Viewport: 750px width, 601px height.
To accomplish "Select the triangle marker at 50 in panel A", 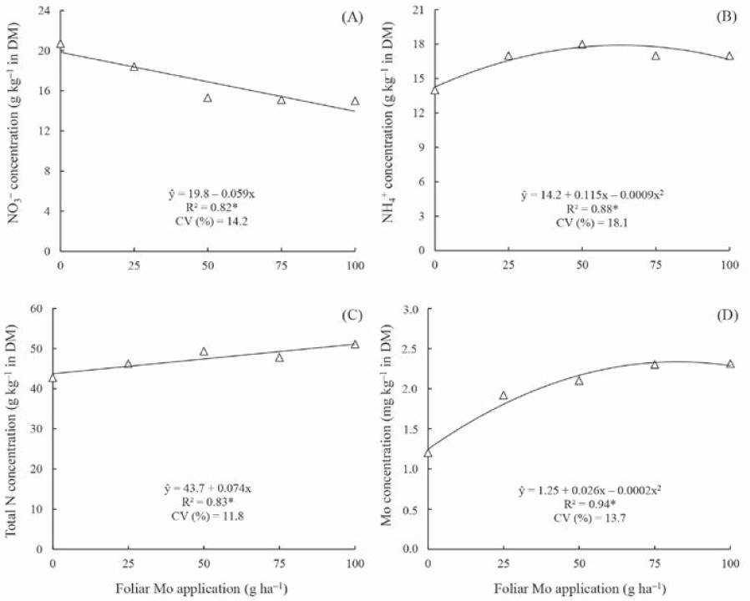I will click(x=208, y=98).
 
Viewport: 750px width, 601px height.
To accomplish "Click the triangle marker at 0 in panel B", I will click(x=434, y=90).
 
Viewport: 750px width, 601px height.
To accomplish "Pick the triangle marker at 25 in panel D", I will click(x=504, y=396).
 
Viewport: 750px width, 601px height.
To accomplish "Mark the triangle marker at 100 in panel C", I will click(x=355, y=344).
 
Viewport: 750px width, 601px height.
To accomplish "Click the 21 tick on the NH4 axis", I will click(x=420, y=10).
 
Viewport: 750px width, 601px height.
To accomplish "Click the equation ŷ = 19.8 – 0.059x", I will click(x=207, y=193).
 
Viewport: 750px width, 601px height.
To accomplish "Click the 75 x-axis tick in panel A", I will click(x=281, y=265).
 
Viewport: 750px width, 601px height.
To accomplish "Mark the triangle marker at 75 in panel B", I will click(x=656, y=56).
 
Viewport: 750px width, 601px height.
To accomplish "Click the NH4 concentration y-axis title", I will click(x=388, y=129).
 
